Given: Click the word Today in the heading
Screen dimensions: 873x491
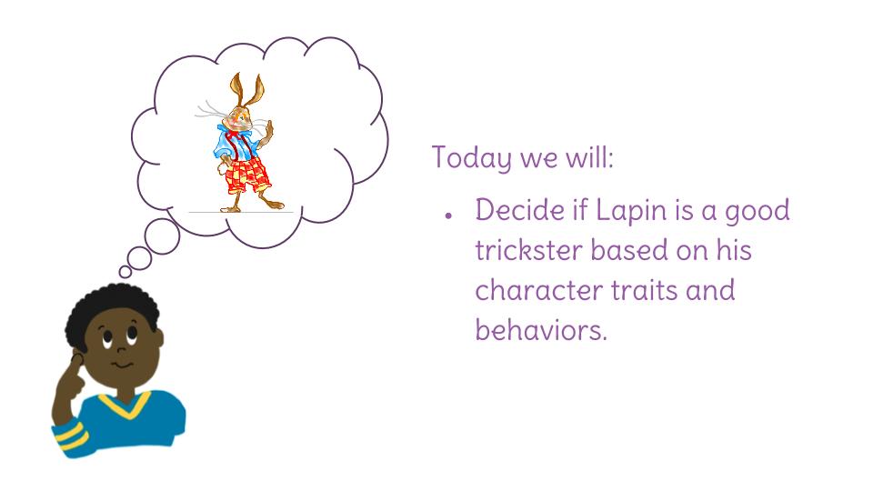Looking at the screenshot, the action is (x=471, y=158).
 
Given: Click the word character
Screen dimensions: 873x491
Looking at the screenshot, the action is (x=538, y=291).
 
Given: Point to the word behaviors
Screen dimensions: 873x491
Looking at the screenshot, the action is (x=540, y=330).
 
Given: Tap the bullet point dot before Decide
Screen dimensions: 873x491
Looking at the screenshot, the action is (x=448, y=215).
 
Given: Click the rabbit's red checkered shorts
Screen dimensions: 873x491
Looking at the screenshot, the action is (x=247, y=175).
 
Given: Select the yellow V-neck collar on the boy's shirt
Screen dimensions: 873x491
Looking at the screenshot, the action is (x=125, y=405).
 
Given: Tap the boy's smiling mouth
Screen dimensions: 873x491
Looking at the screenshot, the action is (x=123, y=366).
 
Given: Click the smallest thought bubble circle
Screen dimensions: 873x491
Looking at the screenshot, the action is (x=125, y=272).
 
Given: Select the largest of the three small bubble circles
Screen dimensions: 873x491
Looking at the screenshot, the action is (x=162, y=236).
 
